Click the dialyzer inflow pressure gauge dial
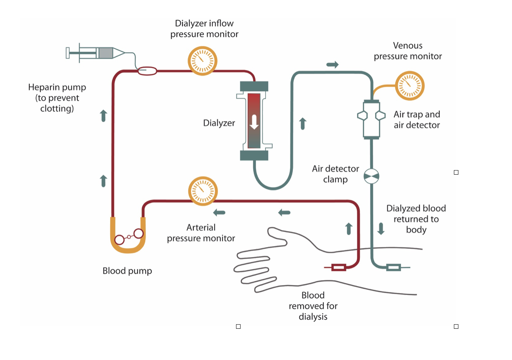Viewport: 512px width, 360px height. click(202, 61)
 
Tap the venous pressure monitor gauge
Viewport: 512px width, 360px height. click(409, 86)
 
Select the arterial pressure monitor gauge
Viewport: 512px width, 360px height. click(203, 191)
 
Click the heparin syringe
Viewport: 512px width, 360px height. click(96, 53)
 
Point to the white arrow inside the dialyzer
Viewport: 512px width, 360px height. click(254, 122)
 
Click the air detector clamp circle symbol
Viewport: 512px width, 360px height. click(371, 176)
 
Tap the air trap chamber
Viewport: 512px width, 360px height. click(371, 120)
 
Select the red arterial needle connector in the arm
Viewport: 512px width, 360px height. click(338, 267)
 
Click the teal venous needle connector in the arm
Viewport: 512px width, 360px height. click(394, 267)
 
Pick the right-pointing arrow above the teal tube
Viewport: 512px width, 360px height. click(332, 65)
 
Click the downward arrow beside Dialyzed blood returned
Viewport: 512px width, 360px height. click(381, 229)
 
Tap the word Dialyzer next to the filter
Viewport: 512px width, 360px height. click(219, 123)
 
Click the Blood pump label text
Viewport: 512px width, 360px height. click(127, 271)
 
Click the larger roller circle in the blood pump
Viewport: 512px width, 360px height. click(139, 233)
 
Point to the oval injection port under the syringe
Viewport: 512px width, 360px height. click(147, 71)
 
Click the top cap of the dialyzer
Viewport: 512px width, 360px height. click(254, 86)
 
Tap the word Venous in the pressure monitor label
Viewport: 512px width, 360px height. click(408, 46)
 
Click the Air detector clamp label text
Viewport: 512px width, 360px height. click(335, 174)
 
